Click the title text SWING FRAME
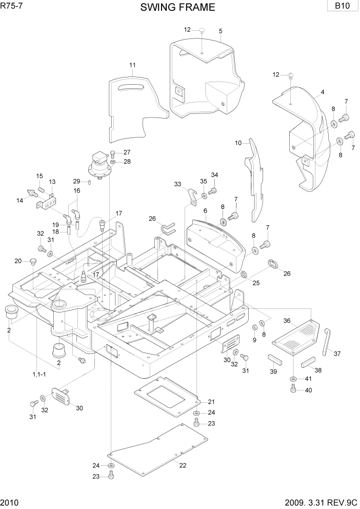pos(177,7)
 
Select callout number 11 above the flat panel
pos(132,65)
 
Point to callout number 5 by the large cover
pos(220,31)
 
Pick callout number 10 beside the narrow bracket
pos(238,143)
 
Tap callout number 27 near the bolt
pos(127,152)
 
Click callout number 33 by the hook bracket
pos(177,184)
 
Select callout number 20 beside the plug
pos(18,261)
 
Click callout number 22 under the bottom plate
pos(183,465)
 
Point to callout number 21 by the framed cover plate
pos(211,401)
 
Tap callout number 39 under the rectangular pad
pos(273,371)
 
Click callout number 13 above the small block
pos(52,182)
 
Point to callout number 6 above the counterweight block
pos(205,211)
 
